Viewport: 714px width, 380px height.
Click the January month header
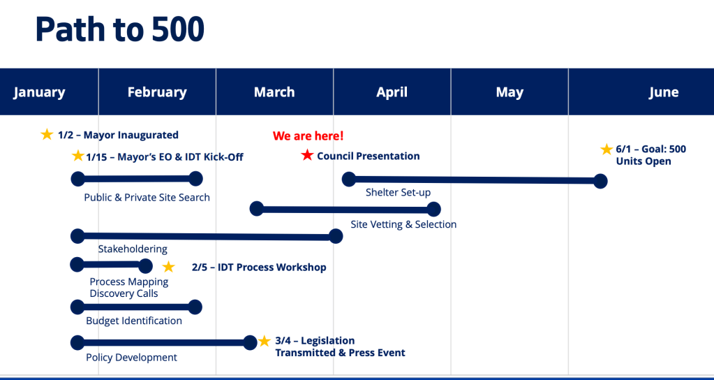(x=39, y=92)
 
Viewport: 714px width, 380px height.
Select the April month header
(x=392, y=92)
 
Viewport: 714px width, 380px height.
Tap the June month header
(x=664, y=92)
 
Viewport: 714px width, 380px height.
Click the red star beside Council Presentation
(x=307, y=155)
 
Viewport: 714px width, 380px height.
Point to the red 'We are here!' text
(x=308, y=136)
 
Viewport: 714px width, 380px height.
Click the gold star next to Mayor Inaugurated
(x=47, y=134)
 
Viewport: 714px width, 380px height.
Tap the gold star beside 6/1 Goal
(x=606, y=149)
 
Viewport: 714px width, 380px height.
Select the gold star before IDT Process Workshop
(x=168, y=267)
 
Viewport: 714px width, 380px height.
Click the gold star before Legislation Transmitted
(x=264, y=341)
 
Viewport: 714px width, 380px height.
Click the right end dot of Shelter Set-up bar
(x=601, y=181)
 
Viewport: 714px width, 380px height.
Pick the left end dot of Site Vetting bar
(x=257, y=209)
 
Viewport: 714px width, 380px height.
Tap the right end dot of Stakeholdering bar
(x=336, y=236)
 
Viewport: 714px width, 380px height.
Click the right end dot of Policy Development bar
(x=250, y=343)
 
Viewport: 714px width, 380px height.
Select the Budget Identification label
(x=134, y=321)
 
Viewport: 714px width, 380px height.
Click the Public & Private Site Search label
(x=147, y=198)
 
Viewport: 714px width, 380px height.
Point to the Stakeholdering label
(x=133, y=249)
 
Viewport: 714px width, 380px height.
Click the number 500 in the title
(x=178, y=29)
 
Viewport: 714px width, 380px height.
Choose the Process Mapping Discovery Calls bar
(x=112, y=265)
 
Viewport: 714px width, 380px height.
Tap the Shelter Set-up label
(x=399, y=192)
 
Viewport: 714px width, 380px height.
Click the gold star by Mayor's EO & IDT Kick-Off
(x=78, y=156)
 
